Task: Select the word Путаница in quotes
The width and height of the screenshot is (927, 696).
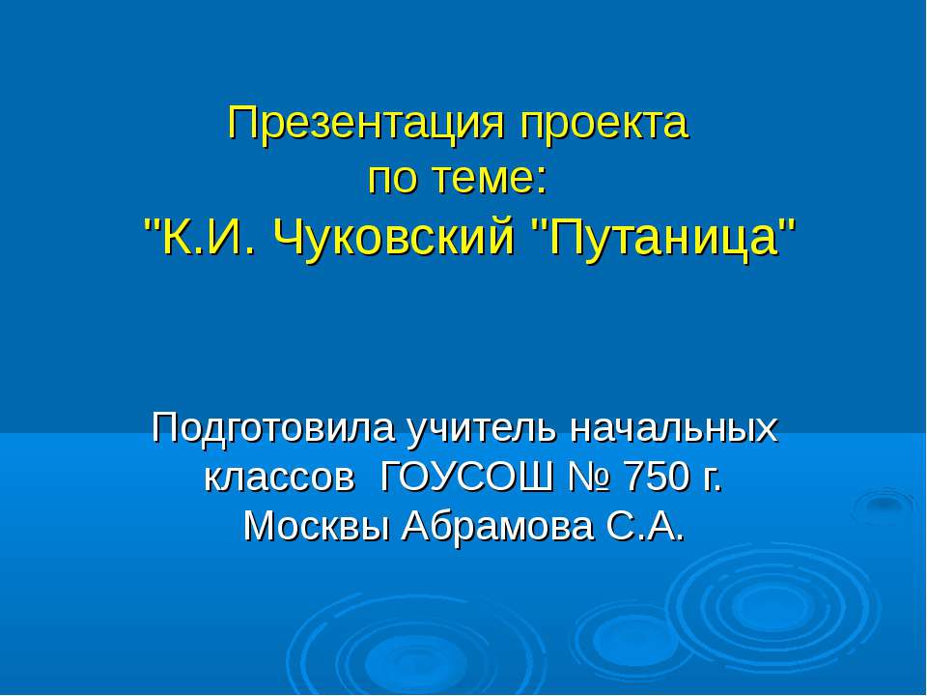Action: point(665,235)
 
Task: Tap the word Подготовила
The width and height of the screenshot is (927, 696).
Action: point(273,427)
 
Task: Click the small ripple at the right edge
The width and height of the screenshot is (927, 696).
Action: point(882,505)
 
